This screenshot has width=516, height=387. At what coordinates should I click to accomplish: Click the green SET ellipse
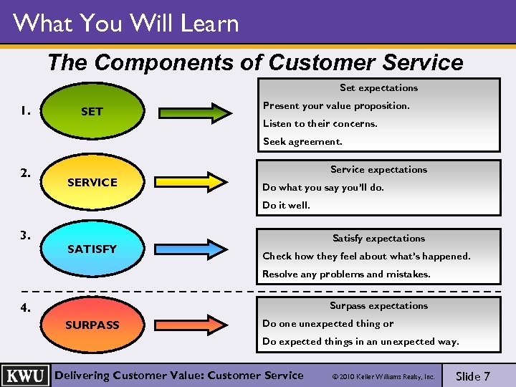pos(92,112)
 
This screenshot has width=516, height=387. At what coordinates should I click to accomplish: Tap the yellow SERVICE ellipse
pos(92,183)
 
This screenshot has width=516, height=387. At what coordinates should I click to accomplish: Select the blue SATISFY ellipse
pos(92,249)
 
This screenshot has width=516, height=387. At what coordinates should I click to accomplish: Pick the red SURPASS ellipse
pos(92,325)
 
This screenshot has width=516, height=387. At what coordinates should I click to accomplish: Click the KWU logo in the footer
pos(26,376)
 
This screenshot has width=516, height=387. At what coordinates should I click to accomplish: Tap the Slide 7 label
pos(473,376)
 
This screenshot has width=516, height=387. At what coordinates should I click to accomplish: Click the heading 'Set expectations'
pos(378,88)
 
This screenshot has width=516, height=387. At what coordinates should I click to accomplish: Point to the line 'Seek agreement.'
pos(302,141)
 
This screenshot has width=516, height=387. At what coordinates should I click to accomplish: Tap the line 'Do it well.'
pos(286,205)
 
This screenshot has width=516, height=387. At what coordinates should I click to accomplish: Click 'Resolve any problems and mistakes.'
pos(346,274)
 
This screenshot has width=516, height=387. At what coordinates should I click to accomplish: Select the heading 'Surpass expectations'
pos(378,306)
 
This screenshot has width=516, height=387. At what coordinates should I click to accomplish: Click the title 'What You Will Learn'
pos(125,24)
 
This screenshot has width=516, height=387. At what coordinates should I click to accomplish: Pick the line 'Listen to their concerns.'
pos(320,123)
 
